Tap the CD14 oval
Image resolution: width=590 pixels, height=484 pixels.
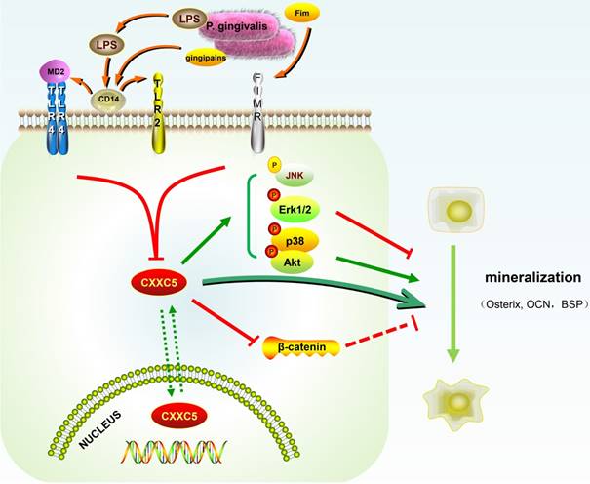[107, 98]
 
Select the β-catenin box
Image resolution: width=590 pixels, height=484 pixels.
[301, 345]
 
